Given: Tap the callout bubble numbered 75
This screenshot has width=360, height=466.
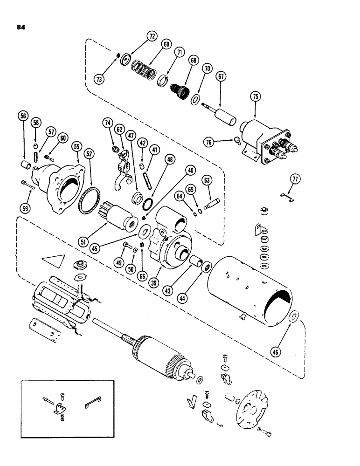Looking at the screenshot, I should tap(255, 97).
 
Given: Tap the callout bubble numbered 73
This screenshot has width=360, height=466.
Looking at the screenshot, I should tap(100, 80).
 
